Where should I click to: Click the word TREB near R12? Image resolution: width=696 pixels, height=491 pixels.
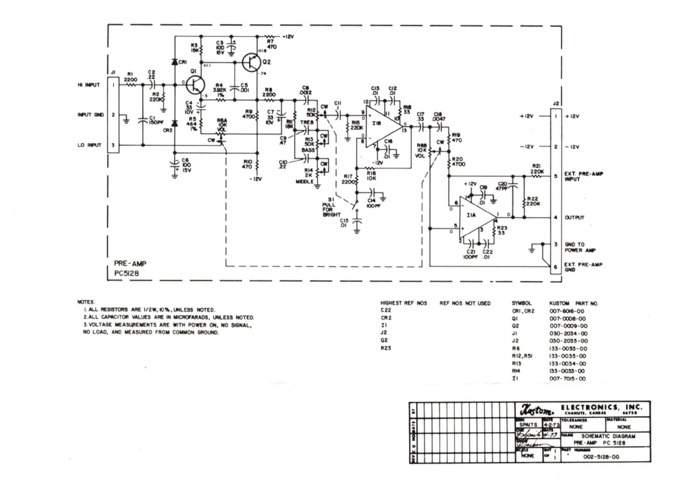306,122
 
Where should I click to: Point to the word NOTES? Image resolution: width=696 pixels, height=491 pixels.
87,301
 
